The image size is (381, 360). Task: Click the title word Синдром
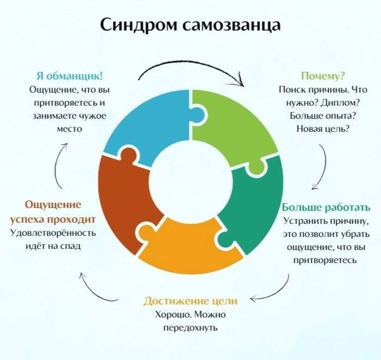pos(139,25)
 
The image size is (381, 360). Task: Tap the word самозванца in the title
pos(232,25)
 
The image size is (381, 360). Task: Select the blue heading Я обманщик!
pos(70,76)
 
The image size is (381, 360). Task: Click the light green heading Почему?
pos(323,76)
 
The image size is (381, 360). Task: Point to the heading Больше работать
pos(326,207)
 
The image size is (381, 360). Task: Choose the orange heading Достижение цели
pos(190,301)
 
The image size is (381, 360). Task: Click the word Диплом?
pos(340,103)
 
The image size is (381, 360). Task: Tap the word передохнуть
pos(190,328)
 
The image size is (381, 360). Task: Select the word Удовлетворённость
pos(53,233)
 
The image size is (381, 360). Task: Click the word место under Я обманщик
pos(69,129)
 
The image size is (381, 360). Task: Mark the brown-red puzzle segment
pos(124,202)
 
